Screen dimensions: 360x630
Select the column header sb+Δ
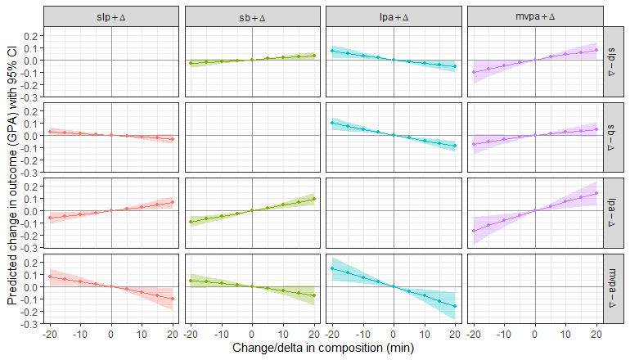(252, 17)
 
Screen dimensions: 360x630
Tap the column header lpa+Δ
(394, 17)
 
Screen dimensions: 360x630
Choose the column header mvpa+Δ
(534, 17)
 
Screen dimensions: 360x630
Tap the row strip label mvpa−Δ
(614, 287)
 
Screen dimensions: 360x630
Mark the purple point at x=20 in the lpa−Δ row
(596, 194)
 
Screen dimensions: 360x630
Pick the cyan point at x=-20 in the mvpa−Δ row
(331, 268)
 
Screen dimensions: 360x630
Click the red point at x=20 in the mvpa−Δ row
(173, 299)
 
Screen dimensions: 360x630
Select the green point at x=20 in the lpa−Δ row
(314, 200)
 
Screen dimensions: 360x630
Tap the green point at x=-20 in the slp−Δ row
(191, 63)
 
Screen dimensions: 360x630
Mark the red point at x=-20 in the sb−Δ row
(49, 132)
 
